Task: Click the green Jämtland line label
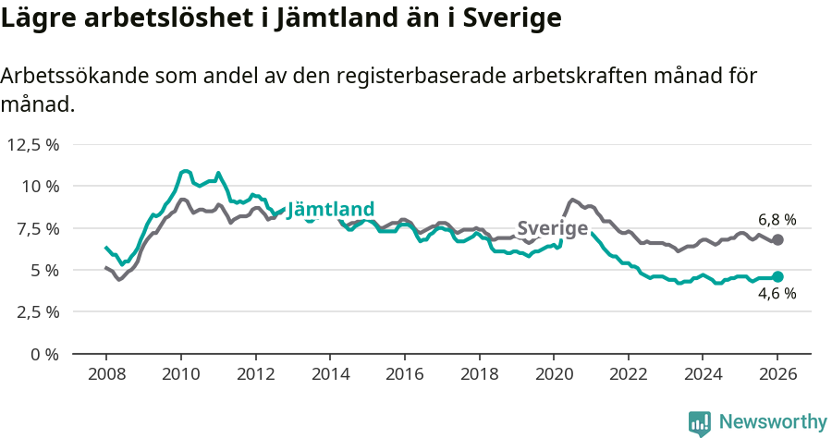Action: pyautogui.click(x=331, y=210)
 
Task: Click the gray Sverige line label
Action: pyautogui.click(x=552, y=228)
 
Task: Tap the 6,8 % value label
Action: pyautogui.click(x=777, y=220)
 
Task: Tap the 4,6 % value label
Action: pyautogui.click(x=777, y=294)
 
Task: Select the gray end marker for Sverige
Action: pyautogui.click(x=777, y=239)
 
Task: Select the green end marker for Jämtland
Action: pyautogui.click(x=777, y=276)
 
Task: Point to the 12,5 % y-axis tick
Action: pyautogui.click(x=33, y=144)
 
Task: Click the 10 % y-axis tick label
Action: pyautogui.click(x=40, y=186)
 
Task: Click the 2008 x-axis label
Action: pyautogui.click(x=105, y=374)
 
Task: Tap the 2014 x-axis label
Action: pyautogui.click(x=330, y=374)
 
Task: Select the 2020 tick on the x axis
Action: pyautogui.click(x=553, y=374)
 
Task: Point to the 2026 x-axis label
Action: pyautogui.click(x=777, y=374)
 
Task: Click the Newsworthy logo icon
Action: pyautogui.click(x=700, y=422)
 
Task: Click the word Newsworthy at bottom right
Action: pyautogui.click(x=772, y=422)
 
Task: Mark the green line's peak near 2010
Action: pyautogui.click(x=185, y=171)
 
